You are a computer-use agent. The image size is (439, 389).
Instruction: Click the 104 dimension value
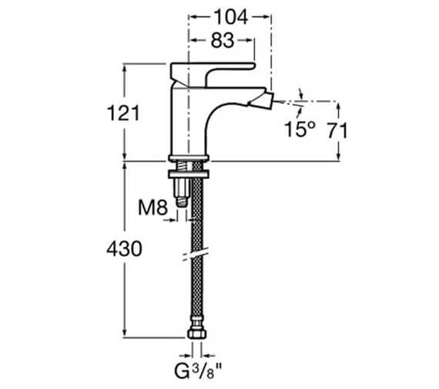coord(231,18)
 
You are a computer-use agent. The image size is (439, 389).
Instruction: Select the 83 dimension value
coord(223,40)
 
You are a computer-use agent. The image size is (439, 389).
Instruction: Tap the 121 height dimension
coord(123,113)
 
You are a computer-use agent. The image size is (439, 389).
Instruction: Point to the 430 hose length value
coord(124,249)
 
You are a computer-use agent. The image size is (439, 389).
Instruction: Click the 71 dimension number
coord(337,130)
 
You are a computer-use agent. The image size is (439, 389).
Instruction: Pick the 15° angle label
coord(300,130)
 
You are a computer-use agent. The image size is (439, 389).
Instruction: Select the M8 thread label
coord(152,208)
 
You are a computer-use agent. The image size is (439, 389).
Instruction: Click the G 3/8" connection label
coord(198,370)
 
